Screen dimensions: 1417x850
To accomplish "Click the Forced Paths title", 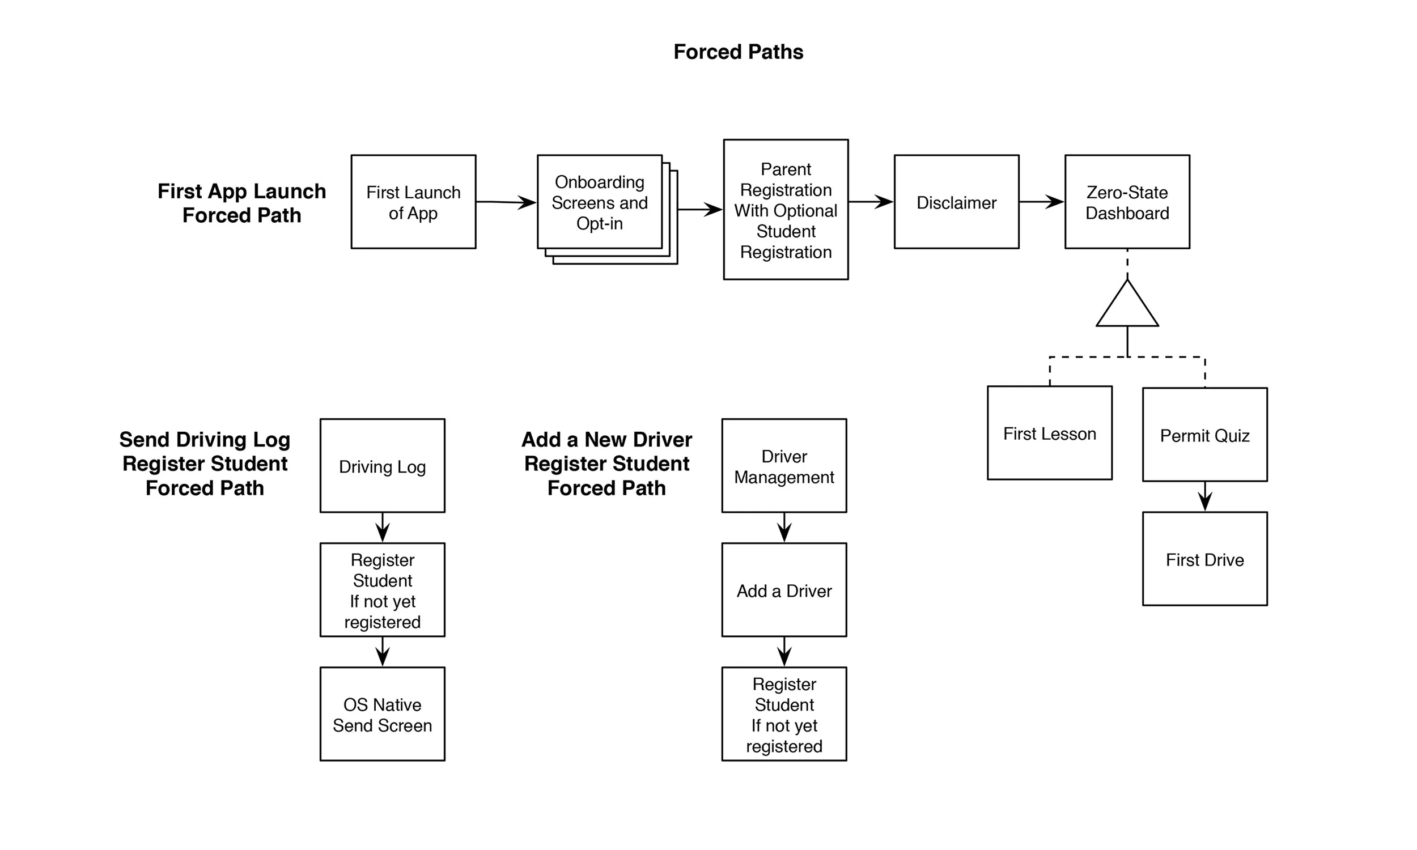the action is click(x=739, y=52).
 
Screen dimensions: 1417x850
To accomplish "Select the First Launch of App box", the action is click(x=414, y=202).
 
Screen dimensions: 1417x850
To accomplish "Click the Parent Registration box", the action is click(x=786, y=210).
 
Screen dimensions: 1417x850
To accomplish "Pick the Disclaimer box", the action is click(x=957, y=202).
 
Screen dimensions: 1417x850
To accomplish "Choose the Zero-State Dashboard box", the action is click(x=1127, y=202).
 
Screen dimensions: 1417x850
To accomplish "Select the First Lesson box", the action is click(x=1050, y=433).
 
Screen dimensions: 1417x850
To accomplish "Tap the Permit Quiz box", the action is click(x=1205, y=435).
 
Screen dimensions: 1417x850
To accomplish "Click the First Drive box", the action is click(x=1205, y=559).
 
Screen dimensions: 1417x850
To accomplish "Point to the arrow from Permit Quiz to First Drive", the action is click(x=1205, y=496).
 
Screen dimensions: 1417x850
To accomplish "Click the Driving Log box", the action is click(x=383, y=466).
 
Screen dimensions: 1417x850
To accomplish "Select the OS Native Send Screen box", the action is click(x=383, y=714).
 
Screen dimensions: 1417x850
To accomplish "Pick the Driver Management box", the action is click(x=784, y=466).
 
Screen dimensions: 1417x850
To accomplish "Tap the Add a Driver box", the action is click(x=784, y=590).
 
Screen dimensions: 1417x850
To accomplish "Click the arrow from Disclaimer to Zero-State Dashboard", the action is click(x=1042, y=202).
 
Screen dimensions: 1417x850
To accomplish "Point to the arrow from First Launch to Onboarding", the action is click(x=506, y=202).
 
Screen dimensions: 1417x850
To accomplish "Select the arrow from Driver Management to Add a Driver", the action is click(x=784, y=528).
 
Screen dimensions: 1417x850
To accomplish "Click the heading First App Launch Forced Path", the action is click(x=241, y=203).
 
